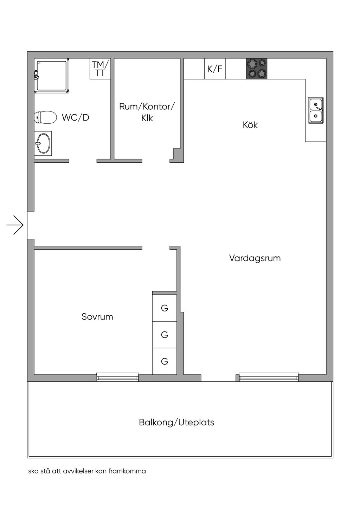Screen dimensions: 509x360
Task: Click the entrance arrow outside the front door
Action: (x=15, y=225)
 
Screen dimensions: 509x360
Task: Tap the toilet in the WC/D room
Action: (x=46, y=117)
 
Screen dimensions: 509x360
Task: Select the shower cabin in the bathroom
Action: (x=51, y=76)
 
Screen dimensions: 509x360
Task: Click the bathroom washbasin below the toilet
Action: (x=43, y=143)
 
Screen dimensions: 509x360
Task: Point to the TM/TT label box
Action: (x=100, y=69)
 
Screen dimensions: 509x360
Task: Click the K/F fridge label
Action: (x=215, y=69)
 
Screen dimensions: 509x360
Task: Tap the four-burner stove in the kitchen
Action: (x=256, y=69)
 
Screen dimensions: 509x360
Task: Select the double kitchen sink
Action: (x=316, y=110)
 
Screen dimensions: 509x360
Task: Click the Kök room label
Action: (x=250, y=125)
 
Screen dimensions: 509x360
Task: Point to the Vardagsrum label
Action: (x=255, y=258)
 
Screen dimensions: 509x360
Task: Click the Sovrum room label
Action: (x=97, y=317)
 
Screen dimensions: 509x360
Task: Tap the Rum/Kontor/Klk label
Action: (x=147, y=112)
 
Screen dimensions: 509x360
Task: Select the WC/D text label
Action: (x=76, y=118)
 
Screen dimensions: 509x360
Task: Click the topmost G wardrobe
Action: (x=165, y=308)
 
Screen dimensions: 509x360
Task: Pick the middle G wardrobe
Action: (x=165, y=335)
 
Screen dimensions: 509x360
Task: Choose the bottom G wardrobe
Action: (x=165, y=361)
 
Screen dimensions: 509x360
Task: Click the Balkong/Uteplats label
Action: (x=176, y=422)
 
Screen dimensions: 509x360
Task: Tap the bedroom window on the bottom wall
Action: (x=118, y=377)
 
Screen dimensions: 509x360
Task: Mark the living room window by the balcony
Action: (x=269, y=377)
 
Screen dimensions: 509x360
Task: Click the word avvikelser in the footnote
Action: (x=78, y=471)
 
